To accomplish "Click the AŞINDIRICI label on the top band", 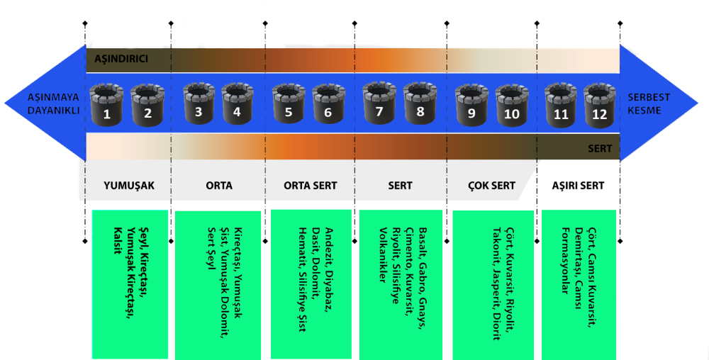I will click(121, 59).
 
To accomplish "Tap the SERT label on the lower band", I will click(600, 149).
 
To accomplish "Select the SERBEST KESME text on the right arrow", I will click(648, 104).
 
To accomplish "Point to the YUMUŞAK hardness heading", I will click(128, 186).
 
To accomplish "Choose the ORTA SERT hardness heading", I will click(311, 186).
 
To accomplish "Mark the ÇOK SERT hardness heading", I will click(491, 186).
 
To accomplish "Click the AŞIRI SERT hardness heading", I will click(578, 186).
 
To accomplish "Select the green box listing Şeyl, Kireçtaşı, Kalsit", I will click(130, 283).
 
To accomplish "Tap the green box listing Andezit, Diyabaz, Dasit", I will click(311, 283).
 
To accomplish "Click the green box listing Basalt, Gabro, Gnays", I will click(401, 283).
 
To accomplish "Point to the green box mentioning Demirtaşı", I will click(578, 283).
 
